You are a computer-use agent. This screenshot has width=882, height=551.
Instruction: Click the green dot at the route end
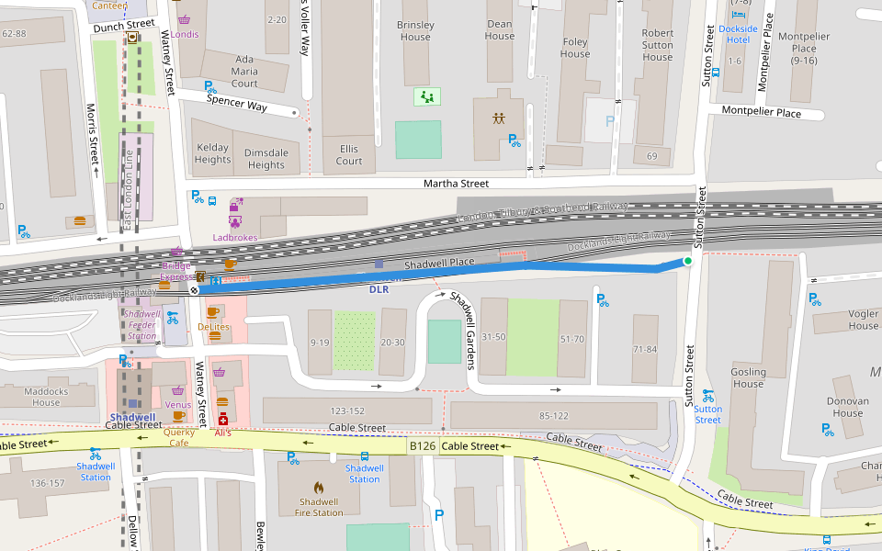687,262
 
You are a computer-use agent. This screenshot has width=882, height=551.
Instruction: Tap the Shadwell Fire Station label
320,507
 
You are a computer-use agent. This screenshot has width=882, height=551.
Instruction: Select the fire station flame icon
320,488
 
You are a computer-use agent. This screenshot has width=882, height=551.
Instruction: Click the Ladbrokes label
235,237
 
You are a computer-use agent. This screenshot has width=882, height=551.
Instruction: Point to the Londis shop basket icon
185,19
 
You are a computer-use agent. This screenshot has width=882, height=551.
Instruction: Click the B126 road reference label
422,446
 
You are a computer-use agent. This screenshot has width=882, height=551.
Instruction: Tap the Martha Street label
456,184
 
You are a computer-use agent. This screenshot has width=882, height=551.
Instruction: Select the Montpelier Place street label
761,112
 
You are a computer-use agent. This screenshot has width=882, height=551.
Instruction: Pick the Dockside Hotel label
739,34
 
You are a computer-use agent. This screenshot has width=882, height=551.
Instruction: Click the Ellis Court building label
349,154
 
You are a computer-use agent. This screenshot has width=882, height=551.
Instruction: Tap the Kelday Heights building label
212,153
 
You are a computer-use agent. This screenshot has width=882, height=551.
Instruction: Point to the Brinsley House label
414,31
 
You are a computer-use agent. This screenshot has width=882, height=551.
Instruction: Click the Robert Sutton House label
658,45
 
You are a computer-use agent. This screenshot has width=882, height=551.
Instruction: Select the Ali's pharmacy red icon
222,419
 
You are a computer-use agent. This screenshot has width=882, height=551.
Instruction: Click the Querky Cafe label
179,437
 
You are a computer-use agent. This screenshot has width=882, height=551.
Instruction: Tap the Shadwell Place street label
439,263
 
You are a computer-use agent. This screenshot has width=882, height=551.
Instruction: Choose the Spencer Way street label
237,105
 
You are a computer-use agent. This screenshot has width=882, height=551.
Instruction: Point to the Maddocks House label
46,397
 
